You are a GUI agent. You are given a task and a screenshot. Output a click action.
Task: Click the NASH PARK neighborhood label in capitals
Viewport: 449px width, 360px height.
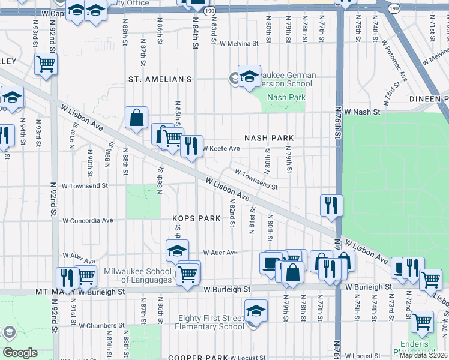pyautogui.click(x=270, y=138)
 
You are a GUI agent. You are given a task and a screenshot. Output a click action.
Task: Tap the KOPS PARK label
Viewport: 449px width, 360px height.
pyautogui.click(x=193, y=218)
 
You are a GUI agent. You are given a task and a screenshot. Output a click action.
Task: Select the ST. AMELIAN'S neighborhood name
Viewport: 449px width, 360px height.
pyautogui.click(x=160, y=79)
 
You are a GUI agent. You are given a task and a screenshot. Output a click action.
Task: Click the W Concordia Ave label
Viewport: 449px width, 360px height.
pyautogui.click(x=87, y=220)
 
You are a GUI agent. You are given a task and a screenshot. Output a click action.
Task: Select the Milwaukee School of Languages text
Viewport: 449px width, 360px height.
pyautogui.click(x=138, y=275)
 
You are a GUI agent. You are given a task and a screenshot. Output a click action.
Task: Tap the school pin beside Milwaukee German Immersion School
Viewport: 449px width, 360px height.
pyautogui.click(x=249, y=77)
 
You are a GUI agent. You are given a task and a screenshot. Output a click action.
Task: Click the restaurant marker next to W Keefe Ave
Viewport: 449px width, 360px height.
pyautogui.click(x=191, y=146)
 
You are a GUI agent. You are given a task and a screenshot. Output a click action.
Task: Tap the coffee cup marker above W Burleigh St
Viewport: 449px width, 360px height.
pyautogui.click(x=271, y=263)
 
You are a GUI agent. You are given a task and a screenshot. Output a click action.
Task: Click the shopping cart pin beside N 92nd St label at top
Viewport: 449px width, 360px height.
pyautogui.click(x=46, y=63)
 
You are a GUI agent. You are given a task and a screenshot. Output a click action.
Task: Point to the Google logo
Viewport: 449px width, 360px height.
pyautogui.click(x=20, y=353)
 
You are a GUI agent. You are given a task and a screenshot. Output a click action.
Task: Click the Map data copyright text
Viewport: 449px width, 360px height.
pyautogui.click(x=424, y=355)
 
